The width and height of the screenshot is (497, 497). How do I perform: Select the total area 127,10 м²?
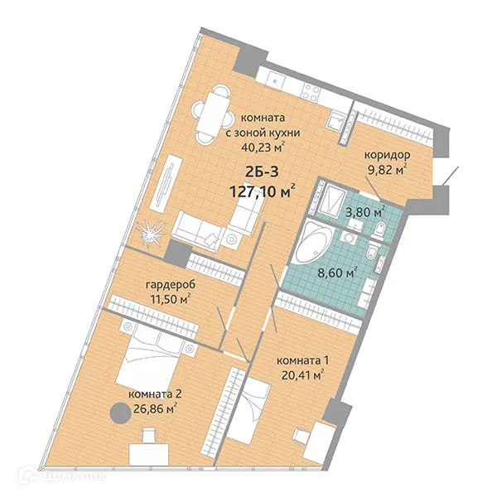tap(263, 193)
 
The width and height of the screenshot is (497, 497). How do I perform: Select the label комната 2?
tap(153, 393)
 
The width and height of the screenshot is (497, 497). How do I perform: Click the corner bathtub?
tap(313, 243)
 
